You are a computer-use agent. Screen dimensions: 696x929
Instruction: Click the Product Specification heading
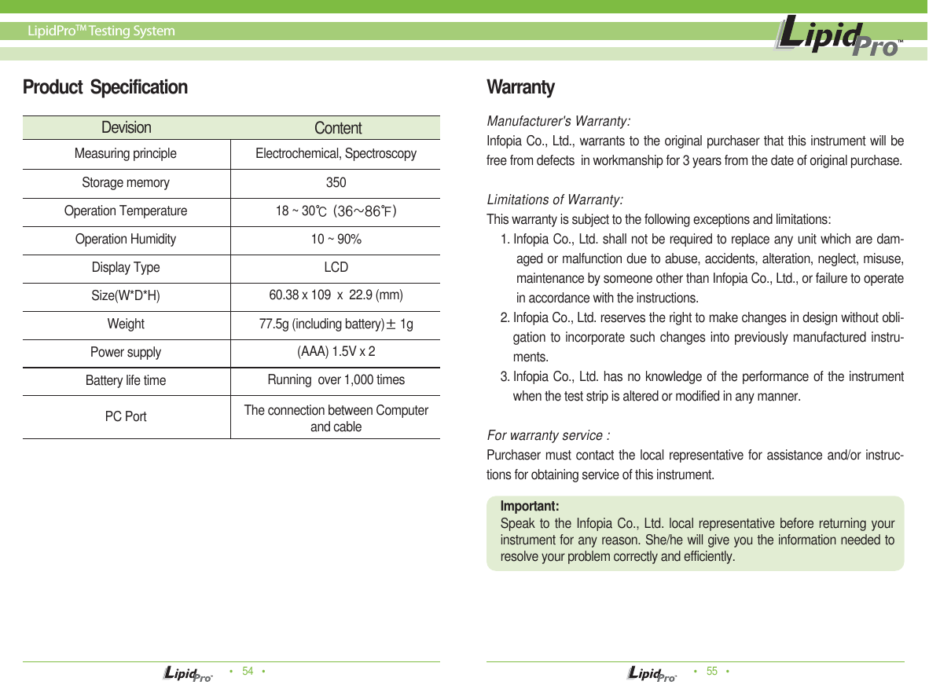click(x=105, y=87)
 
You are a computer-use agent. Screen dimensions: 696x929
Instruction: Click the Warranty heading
click(x=520, y=87)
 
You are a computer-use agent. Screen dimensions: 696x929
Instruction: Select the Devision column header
click(x=126, y=127)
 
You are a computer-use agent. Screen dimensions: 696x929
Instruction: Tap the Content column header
click(x=338, y=128)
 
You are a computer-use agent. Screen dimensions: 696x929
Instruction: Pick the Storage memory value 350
click(x=336, y=182)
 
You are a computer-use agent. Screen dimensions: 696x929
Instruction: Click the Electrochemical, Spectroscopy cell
click(x=336, y=153)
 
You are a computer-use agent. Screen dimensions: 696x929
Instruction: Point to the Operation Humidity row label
click(x=126, y=239)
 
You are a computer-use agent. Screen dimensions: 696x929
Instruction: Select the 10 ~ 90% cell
click(x=336, y=239)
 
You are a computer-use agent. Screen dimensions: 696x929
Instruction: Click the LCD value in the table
click(x=336, y=267)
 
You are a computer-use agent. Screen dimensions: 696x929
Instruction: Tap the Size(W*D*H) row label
click(x=126, y=296)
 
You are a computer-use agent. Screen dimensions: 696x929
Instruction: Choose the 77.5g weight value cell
click(x=336, y=324)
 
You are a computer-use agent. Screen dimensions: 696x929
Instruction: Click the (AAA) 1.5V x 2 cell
click(x=336, y=351)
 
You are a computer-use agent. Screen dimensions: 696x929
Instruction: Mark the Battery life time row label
click(x=126, y=380)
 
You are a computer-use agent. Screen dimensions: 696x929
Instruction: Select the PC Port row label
click(x=126, y=416)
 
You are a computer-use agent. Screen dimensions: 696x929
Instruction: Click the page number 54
click(x=248, y=671)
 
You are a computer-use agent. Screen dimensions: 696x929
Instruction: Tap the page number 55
click(x=712, y=671)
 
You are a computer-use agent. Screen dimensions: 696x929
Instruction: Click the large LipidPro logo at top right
click(x=838, y=38)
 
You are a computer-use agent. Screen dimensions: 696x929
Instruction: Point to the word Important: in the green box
click(x=530, y=506)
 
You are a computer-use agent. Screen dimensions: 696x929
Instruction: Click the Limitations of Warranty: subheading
click(x=556, y=199)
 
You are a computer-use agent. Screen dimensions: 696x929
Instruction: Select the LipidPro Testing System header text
click(x=101, y=31)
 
